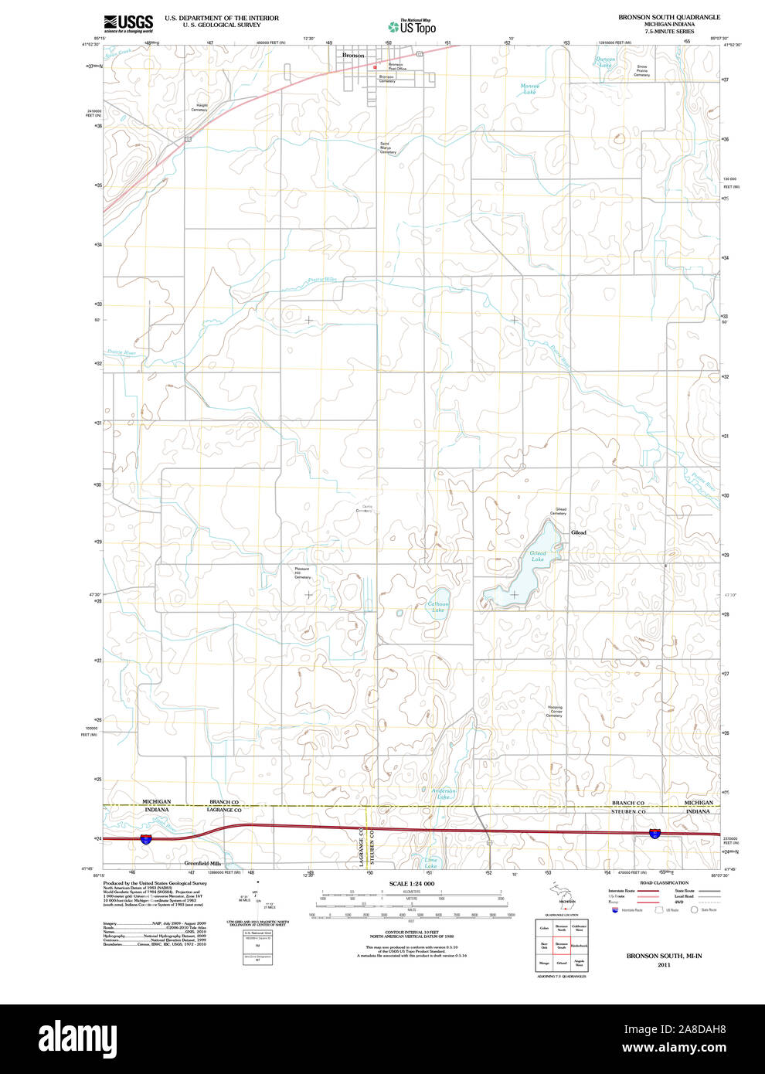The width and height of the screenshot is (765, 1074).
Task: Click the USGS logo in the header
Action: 128,23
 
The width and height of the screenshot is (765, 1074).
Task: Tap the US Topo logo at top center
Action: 412,27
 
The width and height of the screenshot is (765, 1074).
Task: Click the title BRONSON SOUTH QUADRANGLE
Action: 668,17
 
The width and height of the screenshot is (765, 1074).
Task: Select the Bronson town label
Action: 353,56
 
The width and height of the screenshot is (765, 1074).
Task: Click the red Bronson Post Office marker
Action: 375,66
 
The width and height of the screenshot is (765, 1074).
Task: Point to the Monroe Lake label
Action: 529,89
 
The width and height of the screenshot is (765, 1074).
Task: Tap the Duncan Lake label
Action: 606,62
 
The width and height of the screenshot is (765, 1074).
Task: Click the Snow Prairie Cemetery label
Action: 642,71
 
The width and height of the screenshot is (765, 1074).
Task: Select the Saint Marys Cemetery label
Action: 387,148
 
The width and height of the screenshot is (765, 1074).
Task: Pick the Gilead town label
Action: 578,532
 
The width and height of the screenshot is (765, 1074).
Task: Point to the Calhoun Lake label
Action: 437,607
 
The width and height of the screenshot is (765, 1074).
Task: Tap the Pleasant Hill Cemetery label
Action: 302,573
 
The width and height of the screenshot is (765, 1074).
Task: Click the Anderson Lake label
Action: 444,794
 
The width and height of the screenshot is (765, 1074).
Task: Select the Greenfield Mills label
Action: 202,863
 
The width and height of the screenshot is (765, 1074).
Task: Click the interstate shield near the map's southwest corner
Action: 146,839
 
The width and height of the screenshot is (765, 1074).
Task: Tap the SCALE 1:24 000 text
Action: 411,883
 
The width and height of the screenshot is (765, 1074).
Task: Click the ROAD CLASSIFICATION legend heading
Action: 664,882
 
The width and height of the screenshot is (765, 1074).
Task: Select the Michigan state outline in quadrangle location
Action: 566,896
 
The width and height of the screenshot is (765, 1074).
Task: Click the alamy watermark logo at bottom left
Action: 77,1038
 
